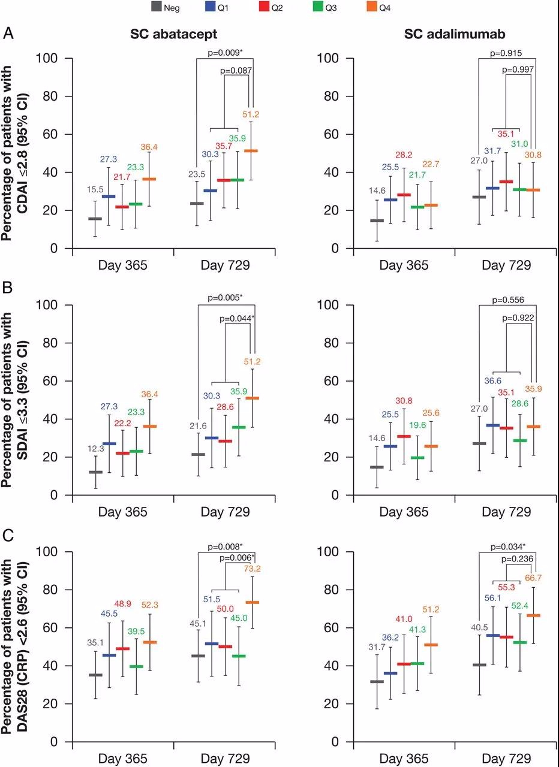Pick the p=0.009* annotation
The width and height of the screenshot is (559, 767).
tap(225, 52)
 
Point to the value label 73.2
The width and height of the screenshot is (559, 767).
tap(251, 569)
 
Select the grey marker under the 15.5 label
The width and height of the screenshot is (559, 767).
tap(95, 219)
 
